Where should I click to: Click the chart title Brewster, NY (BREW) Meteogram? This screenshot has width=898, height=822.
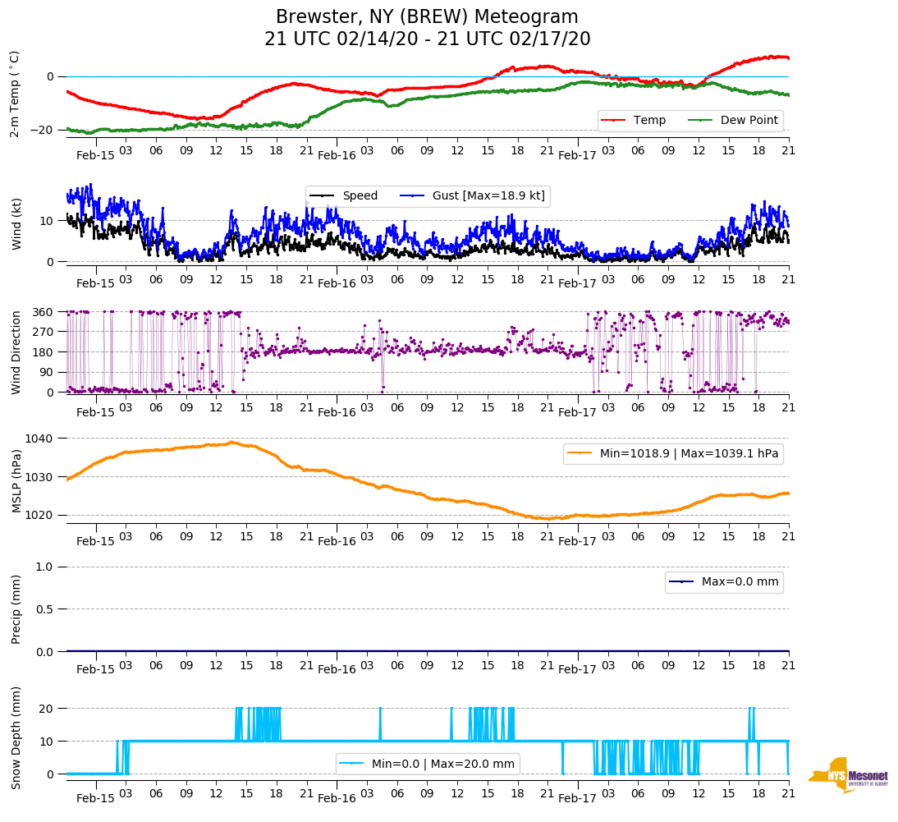[x=427, y=17]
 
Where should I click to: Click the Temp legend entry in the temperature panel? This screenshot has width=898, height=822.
[x=649, y=121]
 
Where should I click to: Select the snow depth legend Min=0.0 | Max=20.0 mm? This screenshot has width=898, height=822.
[x=442, y=764]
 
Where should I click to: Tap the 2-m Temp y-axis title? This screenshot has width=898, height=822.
[x=14, y=93]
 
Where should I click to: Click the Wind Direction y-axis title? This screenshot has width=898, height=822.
[x=16, y=351]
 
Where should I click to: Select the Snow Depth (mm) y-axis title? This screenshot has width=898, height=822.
[x=16, y=737]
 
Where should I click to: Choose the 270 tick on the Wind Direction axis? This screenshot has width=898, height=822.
[x=44, y=332]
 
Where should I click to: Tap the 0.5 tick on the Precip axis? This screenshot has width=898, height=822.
[x=45, y=609]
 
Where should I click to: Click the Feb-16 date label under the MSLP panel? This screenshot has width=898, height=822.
[x=337, y=541]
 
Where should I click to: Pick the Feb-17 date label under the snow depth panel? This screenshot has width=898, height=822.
[x=577, y=798]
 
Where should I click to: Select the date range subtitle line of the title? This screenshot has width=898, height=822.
[x=427, y=39]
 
